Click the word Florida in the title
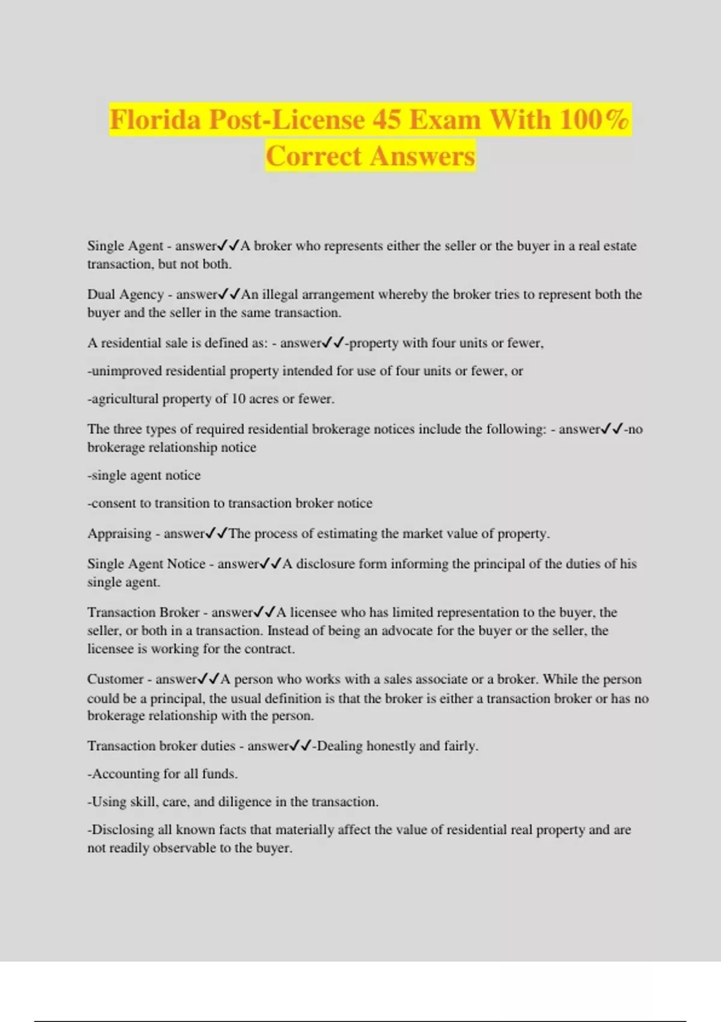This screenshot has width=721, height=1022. click(x=155, y=120)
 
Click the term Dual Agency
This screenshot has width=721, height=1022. click(x=126, y=295)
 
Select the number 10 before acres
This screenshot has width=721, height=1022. click(x=239, y=399)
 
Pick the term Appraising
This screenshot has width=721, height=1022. click(x=120, y=534)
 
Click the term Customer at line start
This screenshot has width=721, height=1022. click(x=115, y=679)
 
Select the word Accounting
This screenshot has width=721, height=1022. click(x=126, y=774)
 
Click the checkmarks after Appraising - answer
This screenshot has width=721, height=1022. click(x=216, y=534)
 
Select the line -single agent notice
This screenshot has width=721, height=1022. click(x=144, y=476)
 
